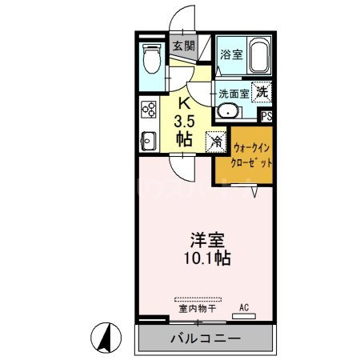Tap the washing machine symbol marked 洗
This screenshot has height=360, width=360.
[261, 92]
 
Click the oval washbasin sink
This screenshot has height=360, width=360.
[227, 113]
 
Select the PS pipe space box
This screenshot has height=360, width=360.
[266, 117]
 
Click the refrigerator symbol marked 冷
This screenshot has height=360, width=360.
[216, 142]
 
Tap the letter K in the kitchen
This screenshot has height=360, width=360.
[183, 102]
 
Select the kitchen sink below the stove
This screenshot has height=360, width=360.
[148, 142]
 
